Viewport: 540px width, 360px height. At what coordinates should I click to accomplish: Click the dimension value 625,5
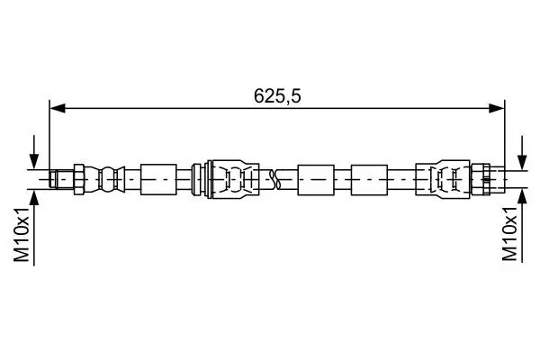coord(277,96)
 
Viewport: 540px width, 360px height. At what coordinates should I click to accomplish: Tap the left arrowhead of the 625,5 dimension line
coord(58,108)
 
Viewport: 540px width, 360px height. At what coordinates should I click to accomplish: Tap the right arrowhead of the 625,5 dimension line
coord(497,108)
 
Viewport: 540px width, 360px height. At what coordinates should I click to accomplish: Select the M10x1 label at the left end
coord(22,235)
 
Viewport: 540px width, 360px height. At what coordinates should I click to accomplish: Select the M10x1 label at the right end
coord(509,234)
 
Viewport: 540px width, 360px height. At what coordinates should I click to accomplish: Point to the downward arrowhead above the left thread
coord(34,162)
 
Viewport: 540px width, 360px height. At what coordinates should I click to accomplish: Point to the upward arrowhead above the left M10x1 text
coord(34,197)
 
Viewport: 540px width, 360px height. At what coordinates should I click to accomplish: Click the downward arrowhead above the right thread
coord(522,162)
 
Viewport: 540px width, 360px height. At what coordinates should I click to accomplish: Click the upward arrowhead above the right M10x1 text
coord(522,197)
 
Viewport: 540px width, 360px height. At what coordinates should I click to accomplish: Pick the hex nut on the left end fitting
coord(79,179)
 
